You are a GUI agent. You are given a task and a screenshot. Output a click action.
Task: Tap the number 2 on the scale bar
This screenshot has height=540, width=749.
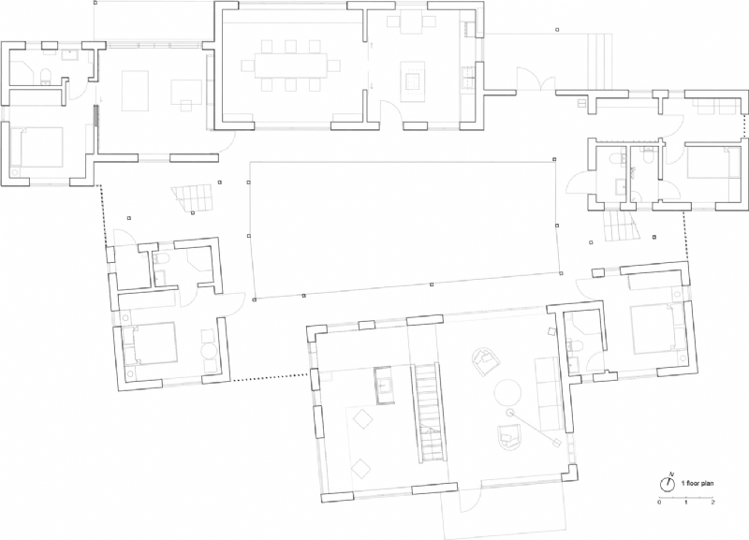click(x=712, y=504)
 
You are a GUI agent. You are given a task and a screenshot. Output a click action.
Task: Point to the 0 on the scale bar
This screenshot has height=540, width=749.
click(x=659, y=504)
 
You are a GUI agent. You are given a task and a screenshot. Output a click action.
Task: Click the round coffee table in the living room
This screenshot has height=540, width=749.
click(x=508, y=390)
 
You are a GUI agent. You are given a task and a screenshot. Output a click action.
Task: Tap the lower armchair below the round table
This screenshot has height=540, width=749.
click(x=508, y=432)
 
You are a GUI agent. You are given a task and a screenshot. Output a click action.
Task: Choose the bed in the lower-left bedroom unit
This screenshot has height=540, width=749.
click(x=153, y=342)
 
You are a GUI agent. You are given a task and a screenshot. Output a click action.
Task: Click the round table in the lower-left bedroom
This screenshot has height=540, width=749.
click(x=208, y=355)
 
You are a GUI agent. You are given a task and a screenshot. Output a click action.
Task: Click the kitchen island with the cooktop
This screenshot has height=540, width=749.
click(x=411, y=78)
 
